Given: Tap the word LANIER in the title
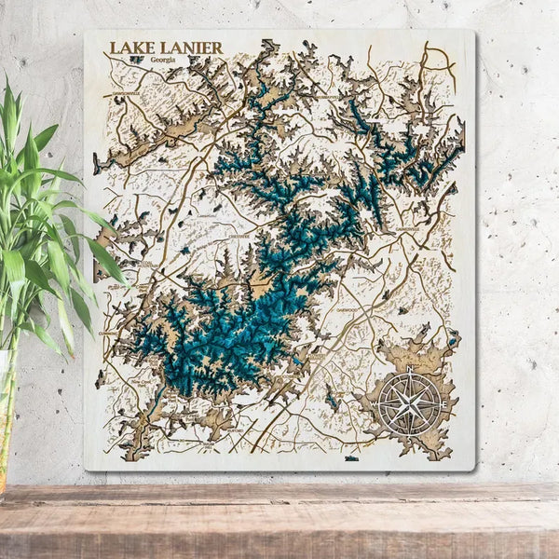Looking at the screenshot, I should click(184, 48).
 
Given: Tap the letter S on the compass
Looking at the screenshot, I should click(409, 435).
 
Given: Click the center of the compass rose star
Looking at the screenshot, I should click(409, 403).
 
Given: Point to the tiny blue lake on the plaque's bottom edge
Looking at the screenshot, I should click(351, 458).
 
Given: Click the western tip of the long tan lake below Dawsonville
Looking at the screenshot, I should click(97, 166).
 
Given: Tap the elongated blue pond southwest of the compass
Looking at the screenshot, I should click(332, 400).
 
